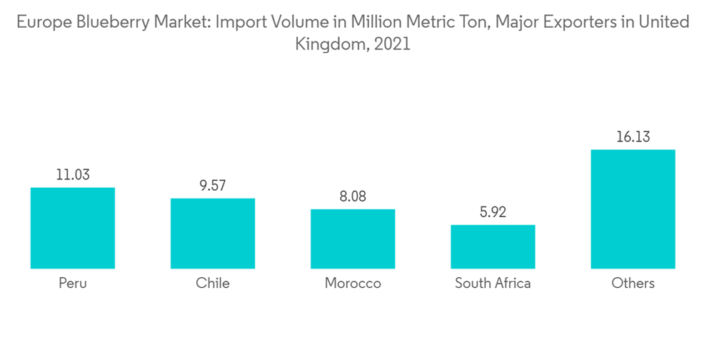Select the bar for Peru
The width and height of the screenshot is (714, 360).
point(73,228)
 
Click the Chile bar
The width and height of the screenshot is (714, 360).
point(213,233)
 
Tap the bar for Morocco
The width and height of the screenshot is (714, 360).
point(353,239)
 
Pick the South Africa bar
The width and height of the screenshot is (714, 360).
point(493,246)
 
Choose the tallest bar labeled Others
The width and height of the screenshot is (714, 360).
point(633,209)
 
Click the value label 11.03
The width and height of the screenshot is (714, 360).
point(73,174)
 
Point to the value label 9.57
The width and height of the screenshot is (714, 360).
point(213,185)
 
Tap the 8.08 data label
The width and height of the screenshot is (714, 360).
point(353,196)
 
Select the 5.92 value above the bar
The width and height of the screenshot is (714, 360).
point(493,211)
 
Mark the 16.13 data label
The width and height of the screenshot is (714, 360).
point(633,136)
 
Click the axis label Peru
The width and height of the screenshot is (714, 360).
point(73,284)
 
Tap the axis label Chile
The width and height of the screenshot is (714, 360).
point(213,284)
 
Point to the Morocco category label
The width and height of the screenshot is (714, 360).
point(353,284)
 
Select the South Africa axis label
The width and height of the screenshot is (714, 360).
point(493,284)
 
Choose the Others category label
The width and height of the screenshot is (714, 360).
point(633,284)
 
